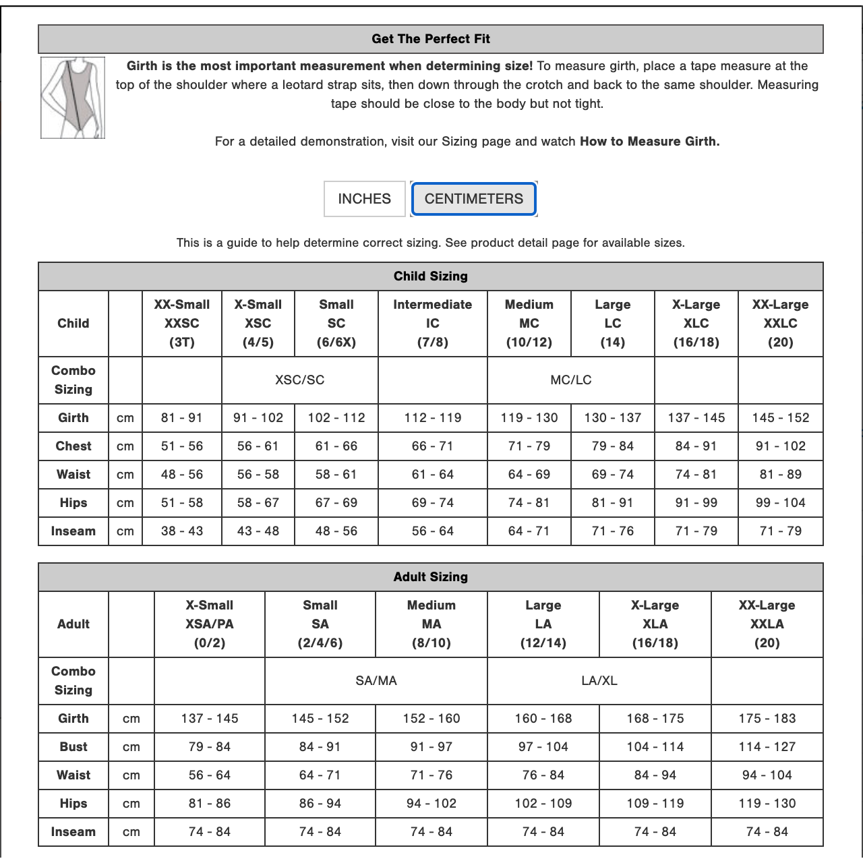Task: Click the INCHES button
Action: (364, 199)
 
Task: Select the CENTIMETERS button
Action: (473, 199)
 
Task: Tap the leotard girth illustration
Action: (73, 98)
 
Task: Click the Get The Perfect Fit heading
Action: (430, 39)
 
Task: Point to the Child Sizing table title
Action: (430, 276)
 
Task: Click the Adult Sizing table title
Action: (430, 577)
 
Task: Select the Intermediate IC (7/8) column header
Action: (432, 324)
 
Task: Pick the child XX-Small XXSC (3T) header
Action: (182, 324)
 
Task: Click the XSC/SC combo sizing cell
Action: (299, 380)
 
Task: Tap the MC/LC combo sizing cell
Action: (570, 380)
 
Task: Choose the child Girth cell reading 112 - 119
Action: (432, 418)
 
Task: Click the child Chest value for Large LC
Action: (612, 446)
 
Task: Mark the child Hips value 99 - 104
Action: (780, 503)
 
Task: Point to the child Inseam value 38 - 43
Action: (182, 531)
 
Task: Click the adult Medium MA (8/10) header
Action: (431, 624)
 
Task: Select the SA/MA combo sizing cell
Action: (376, 681)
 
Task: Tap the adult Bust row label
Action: (73, 747)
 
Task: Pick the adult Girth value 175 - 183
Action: (767, 719)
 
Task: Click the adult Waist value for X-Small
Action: (209, 775)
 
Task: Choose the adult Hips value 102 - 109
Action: (543, 804)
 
